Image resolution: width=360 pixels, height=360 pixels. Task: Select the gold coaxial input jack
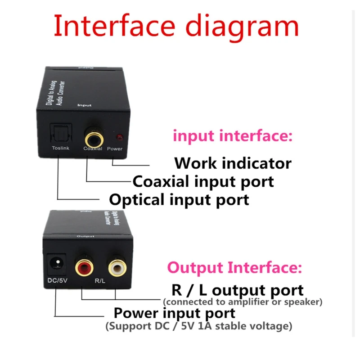93,134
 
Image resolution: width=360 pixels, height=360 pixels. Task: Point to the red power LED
119,136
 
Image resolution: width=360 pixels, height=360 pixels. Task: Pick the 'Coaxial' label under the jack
93,148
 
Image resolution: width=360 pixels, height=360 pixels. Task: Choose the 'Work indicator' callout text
233,162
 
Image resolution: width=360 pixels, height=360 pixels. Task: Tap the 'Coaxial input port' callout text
203,181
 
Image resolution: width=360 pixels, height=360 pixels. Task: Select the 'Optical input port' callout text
179,199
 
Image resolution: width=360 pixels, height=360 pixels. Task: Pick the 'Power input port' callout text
174,313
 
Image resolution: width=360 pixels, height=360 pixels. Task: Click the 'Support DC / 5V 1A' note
198,326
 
